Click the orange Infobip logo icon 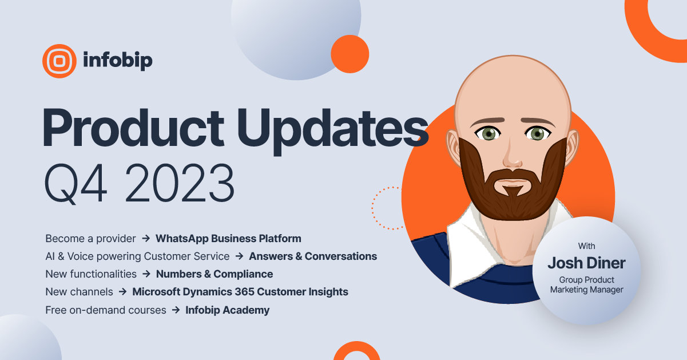pos(59,61)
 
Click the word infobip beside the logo pos(117,60)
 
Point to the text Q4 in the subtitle pos(72,184)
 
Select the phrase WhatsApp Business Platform pos(228,238)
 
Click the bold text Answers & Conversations pos(313,256)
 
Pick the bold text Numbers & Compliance pos(215,274)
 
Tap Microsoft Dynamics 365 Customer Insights pos(240,291)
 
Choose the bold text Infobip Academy pos(228,310)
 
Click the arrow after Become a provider pos(146,238)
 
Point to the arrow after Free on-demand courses pos(176,310)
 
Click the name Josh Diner pos(586,263)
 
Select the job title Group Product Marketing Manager pos(586,284)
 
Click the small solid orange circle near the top pos(350,54)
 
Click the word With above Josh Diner pos(586,246)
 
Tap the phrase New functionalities pos(91,274)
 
